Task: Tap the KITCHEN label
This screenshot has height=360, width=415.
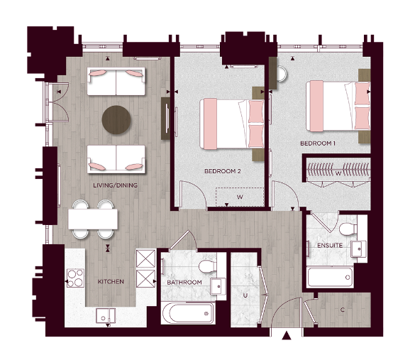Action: coord(110,281)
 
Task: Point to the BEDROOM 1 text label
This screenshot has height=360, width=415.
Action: coord(319,143)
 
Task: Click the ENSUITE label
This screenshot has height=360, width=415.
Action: coord(330,246)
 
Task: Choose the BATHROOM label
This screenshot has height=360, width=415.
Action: coord(184,282)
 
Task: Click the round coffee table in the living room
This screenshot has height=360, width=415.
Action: coord(116,119)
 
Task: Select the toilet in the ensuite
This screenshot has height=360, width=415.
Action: coord(347,228)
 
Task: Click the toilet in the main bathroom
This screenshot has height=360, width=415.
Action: coord(206,266)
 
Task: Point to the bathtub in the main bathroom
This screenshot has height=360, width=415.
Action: coord(187,312)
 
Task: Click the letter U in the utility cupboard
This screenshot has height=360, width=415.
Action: coord(245,293)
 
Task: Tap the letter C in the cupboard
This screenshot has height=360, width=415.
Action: coord(343,310)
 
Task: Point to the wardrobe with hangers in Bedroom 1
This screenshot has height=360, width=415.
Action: coord(337,171)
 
